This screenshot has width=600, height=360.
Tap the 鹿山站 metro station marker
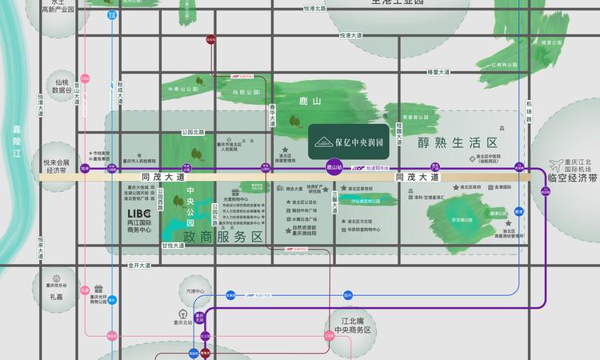(336, 168)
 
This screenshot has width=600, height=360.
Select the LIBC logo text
(139, 214)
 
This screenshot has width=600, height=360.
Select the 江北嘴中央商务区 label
(352, 325)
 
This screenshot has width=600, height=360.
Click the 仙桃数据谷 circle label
(62, 86)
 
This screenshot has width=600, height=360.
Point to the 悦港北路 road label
(315, 8)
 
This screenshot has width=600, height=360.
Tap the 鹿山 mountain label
(298, 102)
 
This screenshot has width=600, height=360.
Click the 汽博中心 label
(195, 291)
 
